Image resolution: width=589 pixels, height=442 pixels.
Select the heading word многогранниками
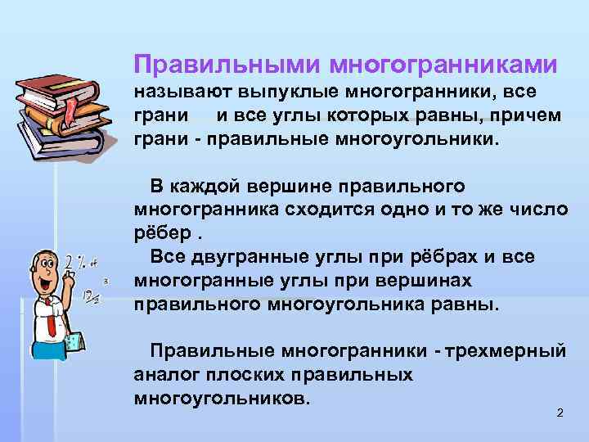click(443, 65)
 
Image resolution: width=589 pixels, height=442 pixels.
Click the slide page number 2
click(560, 413)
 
